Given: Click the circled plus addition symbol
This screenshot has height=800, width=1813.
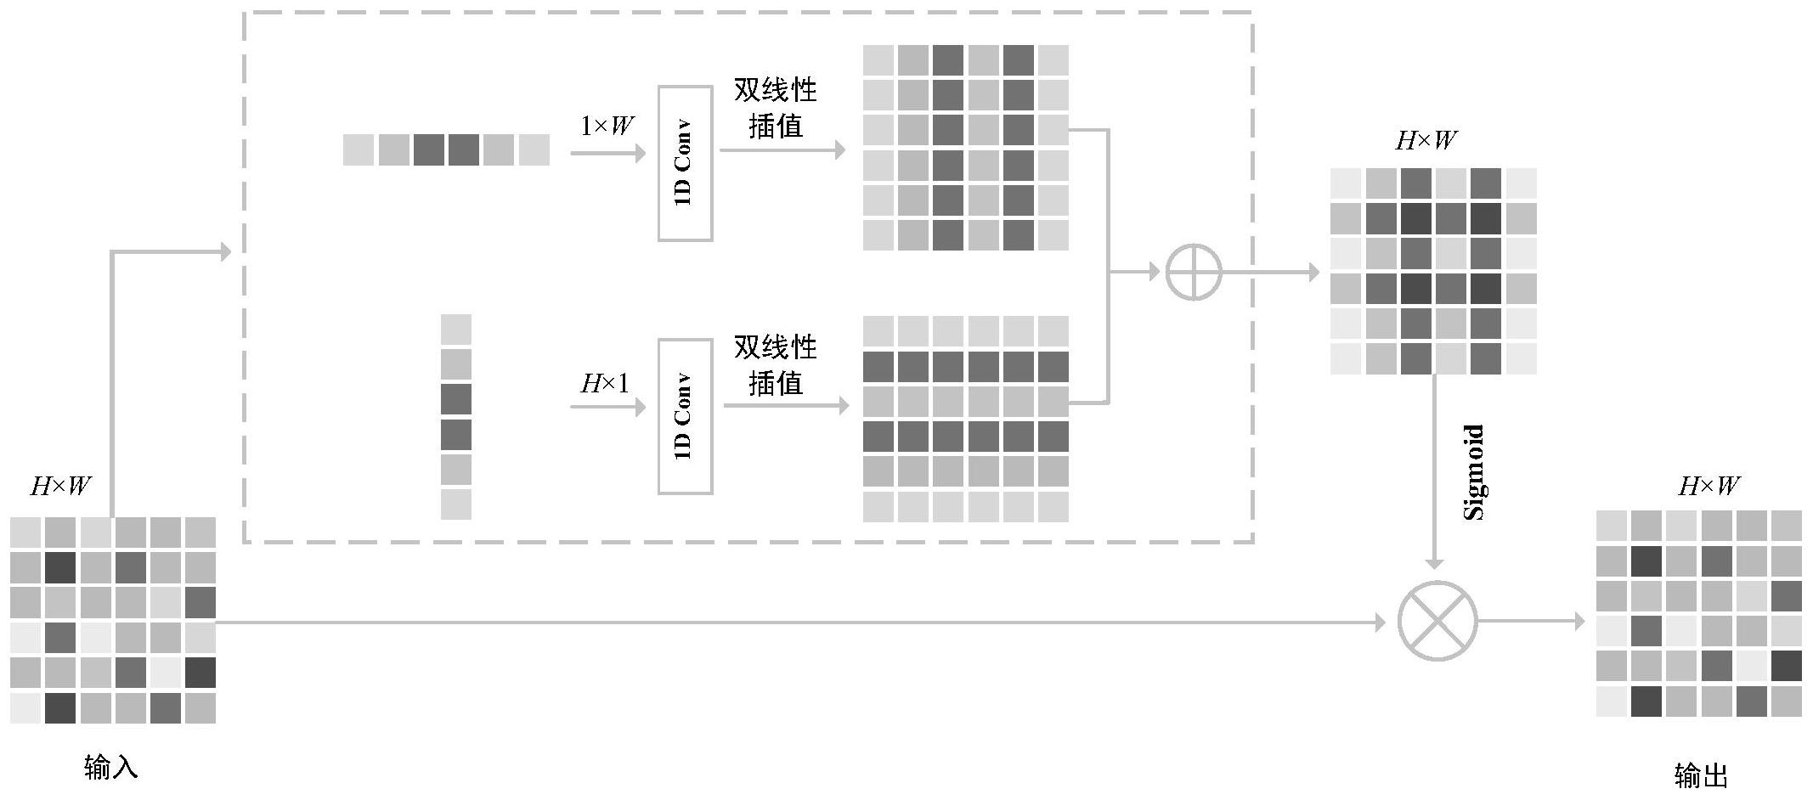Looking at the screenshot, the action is click(x=1194, y=273).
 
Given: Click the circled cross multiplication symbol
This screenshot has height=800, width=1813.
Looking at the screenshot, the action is click(x=1437, y=621).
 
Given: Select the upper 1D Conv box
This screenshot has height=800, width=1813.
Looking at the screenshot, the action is click(x=685, y=163).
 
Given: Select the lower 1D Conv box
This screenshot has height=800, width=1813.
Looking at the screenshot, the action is click(x=685, y=416).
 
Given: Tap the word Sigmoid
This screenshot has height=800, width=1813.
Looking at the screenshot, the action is click(x=1474, y=472).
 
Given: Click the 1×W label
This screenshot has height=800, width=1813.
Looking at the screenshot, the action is click(x=607, y=127).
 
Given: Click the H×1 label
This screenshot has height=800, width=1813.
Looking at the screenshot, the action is click(x=605, y=384).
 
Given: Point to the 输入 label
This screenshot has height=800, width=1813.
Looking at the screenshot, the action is click(x=110, y=768).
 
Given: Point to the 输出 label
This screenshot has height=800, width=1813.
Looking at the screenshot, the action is click(x=1701, y=775).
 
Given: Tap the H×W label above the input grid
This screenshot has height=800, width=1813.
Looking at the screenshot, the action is click(x=61, y=487).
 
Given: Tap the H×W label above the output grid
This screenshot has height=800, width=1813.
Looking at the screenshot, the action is click(x=1709, y=487).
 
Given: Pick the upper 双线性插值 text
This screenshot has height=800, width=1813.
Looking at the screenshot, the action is click(x=775, y=108).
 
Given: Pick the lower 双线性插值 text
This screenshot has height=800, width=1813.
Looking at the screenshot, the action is click(x=775, y=365).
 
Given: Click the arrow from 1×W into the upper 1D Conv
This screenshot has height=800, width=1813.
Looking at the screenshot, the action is click(x=607, y=153).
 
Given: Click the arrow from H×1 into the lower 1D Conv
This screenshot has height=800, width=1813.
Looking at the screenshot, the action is click(x=607, y=407).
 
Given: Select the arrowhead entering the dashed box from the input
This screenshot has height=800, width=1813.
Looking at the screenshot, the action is click(x=224, y=251).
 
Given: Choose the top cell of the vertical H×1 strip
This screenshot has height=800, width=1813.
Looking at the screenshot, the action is click(x=456, y=330).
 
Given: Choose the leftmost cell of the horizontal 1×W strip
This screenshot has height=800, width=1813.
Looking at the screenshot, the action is click(x=359, y=150).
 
